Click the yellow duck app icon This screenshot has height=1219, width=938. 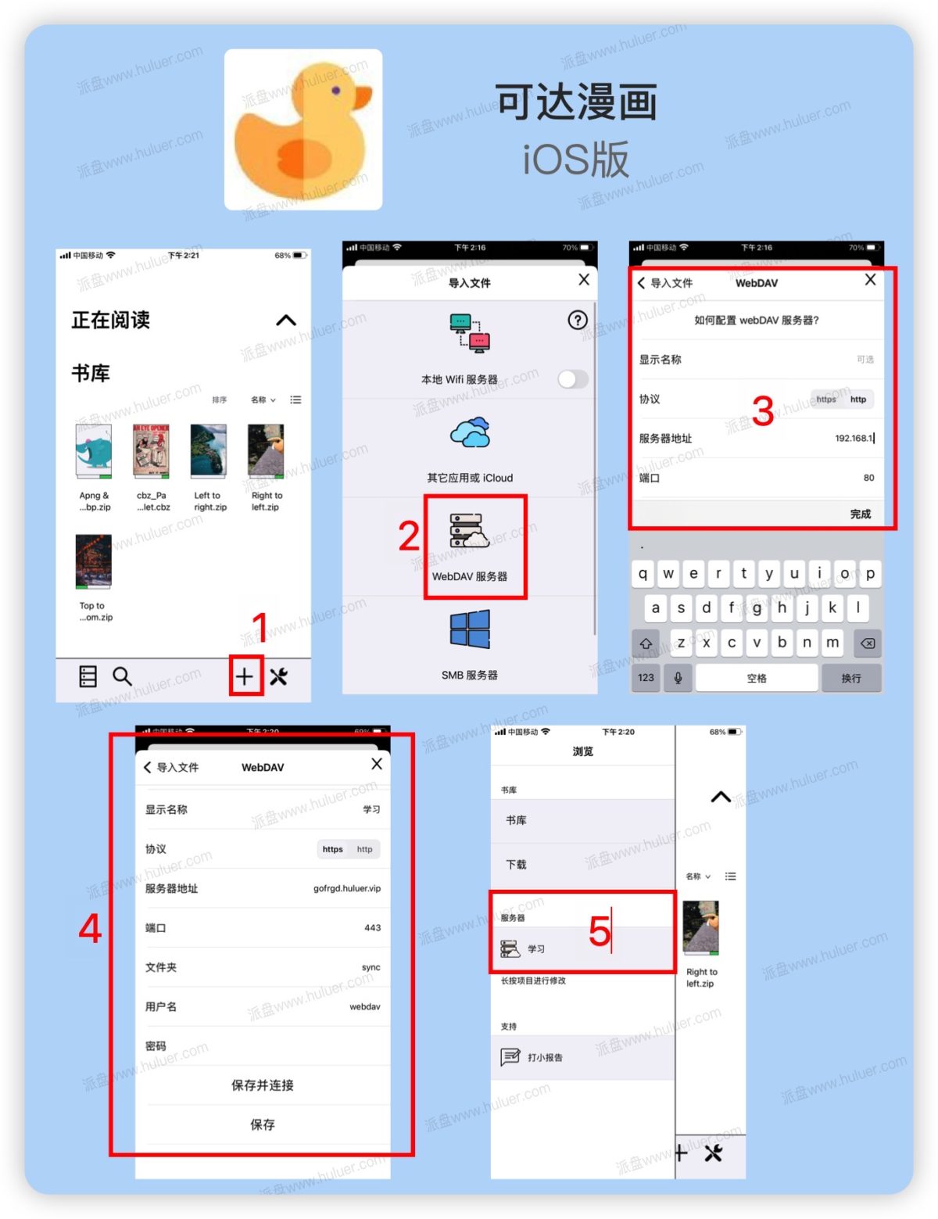(x=303, y=130)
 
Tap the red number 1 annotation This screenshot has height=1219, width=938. (x=260, y=626)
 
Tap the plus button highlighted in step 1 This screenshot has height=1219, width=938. (x=245, y=676)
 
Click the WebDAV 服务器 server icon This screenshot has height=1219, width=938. (x=470, y=532)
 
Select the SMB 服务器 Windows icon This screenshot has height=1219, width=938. (x=470, y=630)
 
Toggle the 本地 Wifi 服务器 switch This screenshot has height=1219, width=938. (x=573, y=380)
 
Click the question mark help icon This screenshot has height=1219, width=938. (x=578, y=321)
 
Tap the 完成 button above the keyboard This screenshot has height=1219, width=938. (x=861, y=514)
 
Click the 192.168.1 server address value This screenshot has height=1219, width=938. (x=854, y=439)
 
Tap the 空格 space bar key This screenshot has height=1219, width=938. (x=757, y=678)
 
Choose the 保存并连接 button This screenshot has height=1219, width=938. (x=263, y=1085)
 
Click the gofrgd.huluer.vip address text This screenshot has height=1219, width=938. (x=347, y=889)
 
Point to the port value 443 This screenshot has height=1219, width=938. (x=373, y=928)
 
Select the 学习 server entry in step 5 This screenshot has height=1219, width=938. (x=536, y=949)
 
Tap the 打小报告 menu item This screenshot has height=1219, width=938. (x=545, y=1058)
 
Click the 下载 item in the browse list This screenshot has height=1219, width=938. (x=517, y=865)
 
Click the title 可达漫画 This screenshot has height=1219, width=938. (x=577, y=103)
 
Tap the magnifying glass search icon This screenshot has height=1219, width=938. (x=122, y=676)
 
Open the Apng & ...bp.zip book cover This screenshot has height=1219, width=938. (x=94, y=451)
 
